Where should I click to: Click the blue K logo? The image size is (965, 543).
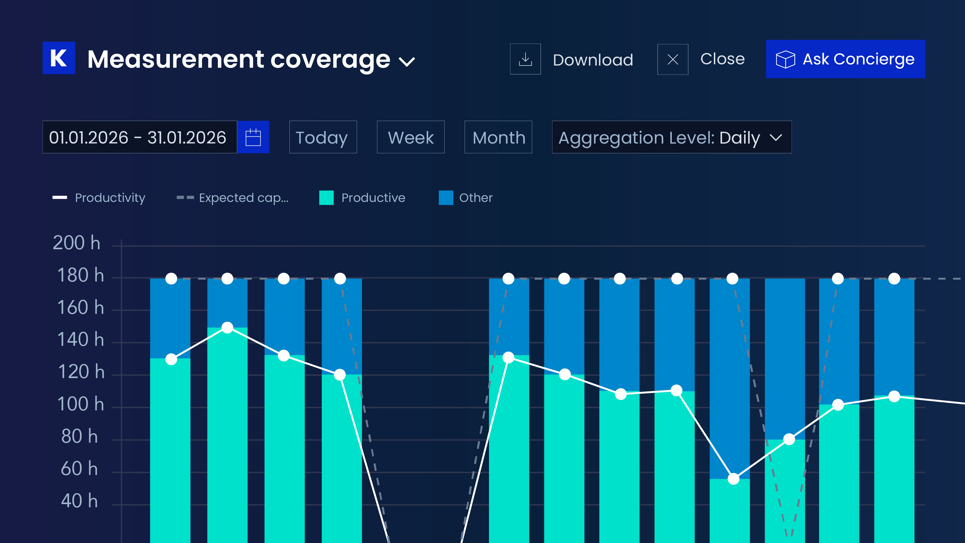[x=59, y=58]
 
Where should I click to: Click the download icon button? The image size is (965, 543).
[x=525, y=59]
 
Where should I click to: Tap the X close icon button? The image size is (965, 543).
[x=673, y=59]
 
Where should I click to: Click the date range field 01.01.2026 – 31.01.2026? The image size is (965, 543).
[x=140, y=137]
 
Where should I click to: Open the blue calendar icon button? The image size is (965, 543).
[x=253, y=137]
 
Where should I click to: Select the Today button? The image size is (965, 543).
[x=323, y=137]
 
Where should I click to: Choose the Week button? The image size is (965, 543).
[x=411, y=137]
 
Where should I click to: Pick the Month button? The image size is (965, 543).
[x=498, y=137]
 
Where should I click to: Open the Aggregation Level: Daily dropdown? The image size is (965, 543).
[x=672, y=137]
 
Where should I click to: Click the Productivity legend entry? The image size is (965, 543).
[x=99, y=198]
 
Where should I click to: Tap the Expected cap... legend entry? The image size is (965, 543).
[x=233, y=198]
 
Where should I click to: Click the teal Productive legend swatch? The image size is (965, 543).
[x=326, y=198]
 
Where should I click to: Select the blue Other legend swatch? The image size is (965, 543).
[x=446, y=198]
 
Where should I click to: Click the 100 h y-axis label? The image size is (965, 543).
[x=81, y=404]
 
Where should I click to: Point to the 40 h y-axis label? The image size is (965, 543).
[x=79, y=501]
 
